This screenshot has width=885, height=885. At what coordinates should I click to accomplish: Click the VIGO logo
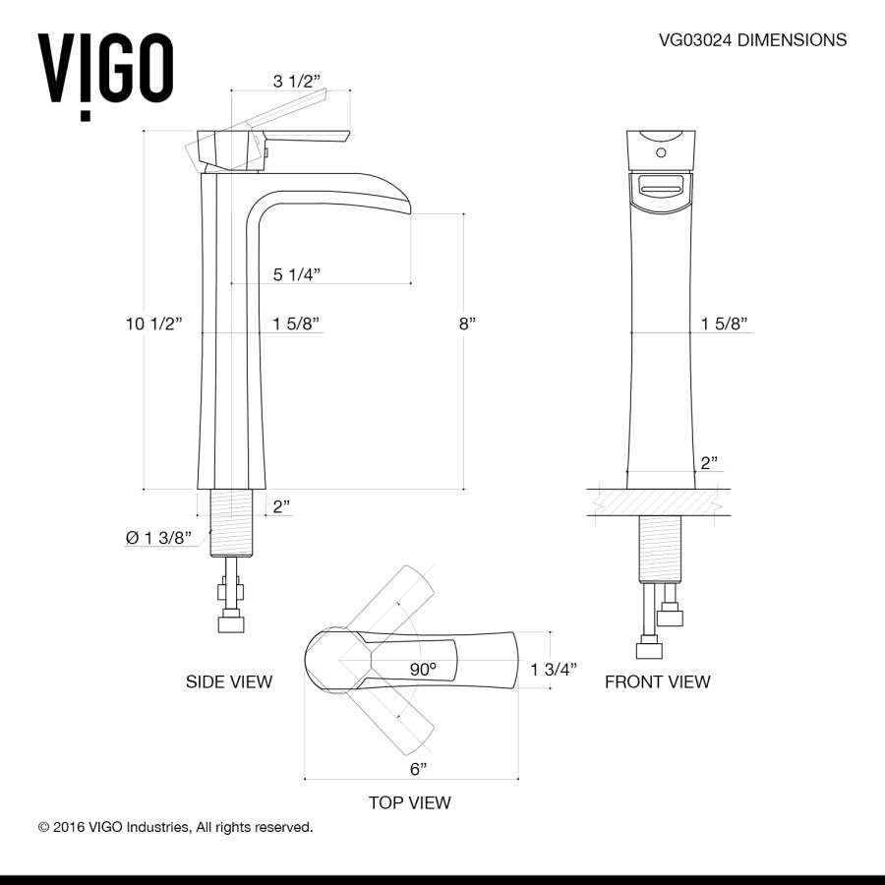tap(106, 72)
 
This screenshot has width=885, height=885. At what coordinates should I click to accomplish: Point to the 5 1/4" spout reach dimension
tap(297, 274)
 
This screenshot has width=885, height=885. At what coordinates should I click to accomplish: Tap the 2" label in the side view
tap(282, 506)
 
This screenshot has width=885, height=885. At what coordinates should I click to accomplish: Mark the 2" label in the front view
tap(709, 462)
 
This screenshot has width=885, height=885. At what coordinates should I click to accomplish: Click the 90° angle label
tap(423, 669)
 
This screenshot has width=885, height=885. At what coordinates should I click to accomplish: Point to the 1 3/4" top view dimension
tap(553, 669)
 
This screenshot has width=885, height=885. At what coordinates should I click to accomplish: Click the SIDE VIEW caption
tap(229, 681)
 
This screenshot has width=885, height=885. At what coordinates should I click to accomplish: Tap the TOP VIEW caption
tap(410, 802)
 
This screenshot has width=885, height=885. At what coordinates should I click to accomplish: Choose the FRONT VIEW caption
tap(657, 681)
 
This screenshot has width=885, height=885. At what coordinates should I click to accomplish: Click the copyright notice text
tap(175, 827)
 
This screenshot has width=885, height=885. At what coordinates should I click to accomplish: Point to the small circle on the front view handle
tap(661, 152)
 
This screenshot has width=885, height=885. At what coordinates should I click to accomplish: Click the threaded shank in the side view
tap(234, 522)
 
